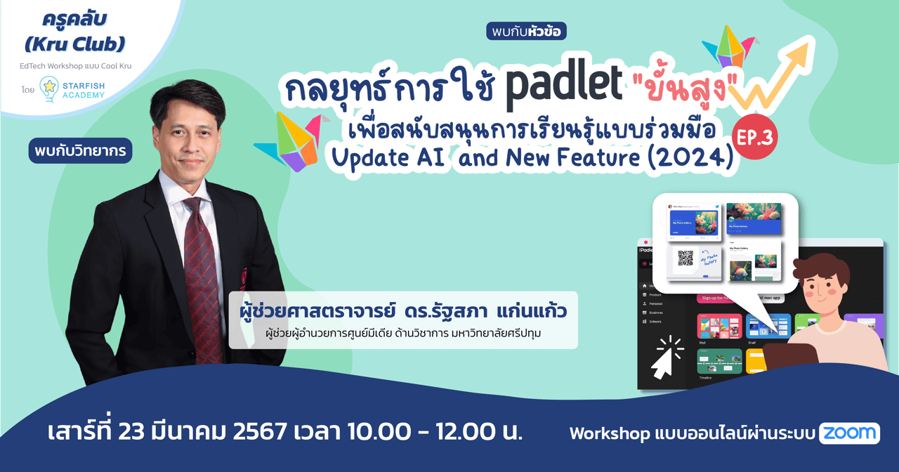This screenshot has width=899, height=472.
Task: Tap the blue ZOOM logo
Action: pos(849,433)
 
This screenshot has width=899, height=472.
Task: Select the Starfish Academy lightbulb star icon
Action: pos(48,88)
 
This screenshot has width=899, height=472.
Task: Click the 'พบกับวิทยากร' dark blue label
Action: pos(80,150)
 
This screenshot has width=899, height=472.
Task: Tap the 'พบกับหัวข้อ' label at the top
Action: pos(526,31)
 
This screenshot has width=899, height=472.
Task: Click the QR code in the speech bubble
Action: pos(685,258)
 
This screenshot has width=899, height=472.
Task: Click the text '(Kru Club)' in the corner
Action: pos(74,44)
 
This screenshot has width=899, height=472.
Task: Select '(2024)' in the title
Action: pos(690,157)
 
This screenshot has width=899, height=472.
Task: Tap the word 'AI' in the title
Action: pos(429,158)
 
